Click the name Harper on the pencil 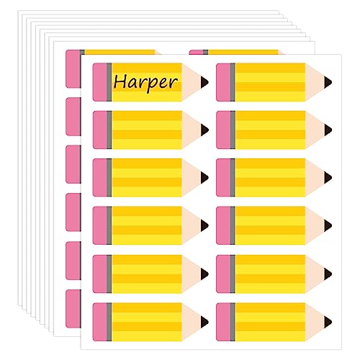pos(145,82)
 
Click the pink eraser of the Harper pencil pos(99,82)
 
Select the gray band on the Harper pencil pos(109,82)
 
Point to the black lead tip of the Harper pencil pos(204,82)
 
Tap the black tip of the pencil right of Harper pos(328,82)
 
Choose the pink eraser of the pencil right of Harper pos(223,82)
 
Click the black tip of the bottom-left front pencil pos(204,322)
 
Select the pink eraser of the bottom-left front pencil pos(99,322)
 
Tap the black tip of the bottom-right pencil pos(328,322)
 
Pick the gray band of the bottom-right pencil pos(233,322)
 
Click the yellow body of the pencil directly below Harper pos(147,130)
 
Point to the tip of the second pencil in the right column pos(328,130)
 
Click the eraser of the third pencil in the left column pos(99,178)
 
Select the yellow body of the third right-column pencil pos(270,178)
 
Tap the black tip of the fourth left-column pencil pos(204,225)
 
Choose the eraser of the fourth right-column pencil pos(223,225)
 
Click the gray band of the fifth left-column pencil pos(109,274)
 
